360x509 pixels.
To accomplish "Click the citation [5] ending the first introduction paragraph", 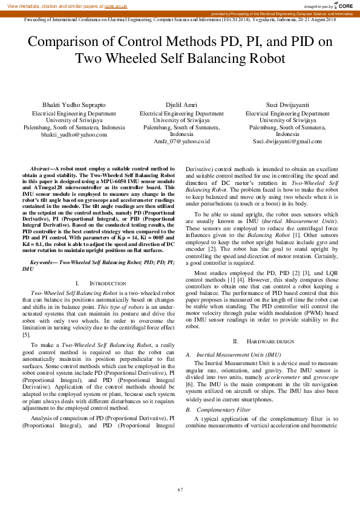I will pyautogui.click(x=26, y=334).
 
